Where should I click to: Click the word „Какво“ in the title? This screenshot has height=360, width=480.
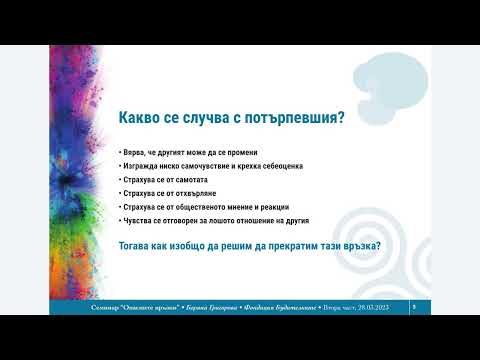[143, 119]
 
